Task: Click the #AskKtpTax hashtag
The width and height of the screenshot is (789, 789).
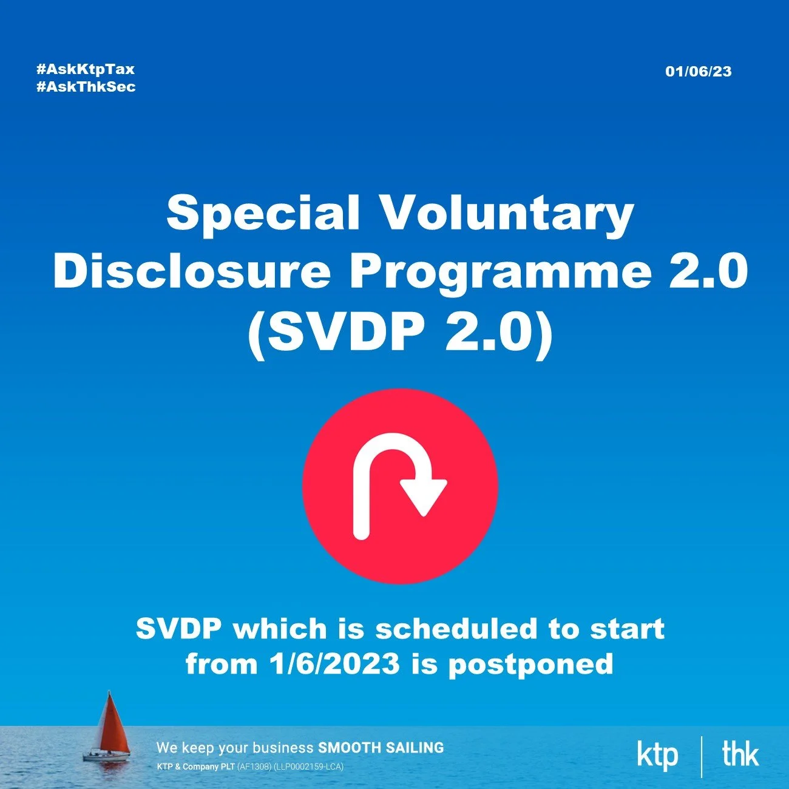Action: point(85,69)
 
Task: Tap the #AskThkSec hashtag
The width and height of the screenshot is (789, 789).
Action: point(86,87)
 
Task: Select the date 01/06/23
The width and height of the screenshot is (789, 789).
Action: point(698,72)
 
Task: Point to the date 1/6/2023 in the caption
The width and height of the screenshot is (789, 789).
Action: point(334,663)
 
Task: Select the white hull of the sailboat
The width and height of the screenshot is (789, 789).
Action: point(106,757)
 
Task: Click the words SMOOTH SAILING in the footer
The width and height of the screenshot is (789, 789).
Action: point(381,748)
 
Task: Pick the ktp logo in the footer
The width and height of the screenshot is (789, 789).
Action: point(657,756)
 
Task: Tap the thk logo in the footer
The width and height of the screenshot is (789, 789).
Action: point(740,754)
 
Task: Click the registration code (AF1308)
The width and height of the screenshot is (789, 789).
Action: point(254,767)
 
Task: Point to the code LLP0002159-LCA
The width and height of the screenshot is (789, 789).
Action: point(309,767)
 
